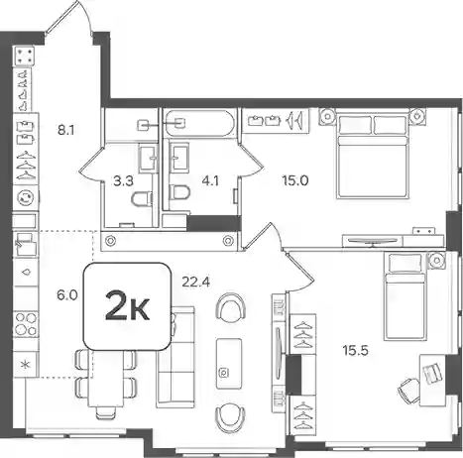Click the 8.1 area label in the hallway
coord(65,131)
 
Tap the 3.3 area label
coord(123,181)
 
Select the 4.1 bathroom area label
coord(210,181)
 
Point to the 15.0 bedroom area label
coord(294,180)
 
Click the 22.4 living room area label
coord(196,282)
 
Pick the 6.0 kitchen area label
coord(67,294)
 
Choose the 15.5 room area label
coord(355,350)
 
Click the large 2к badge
coord(127,306)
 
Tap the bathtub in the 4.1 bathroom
coord(199,123)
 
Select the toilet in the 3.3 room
coord(142,199)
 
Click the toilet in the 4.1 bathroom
coord(179,192)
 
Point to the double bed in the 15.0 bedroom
coord(373,156)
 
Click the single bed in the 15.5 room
coord(404,296)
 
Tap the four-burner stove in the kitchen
coord(26,324)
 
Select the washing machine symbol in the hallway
coord(26,198)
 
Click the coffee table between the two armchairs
coord(229,363)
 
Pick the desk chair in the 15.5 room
coord(408,390)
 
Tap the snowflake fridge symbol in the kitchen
coord(26,365)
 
